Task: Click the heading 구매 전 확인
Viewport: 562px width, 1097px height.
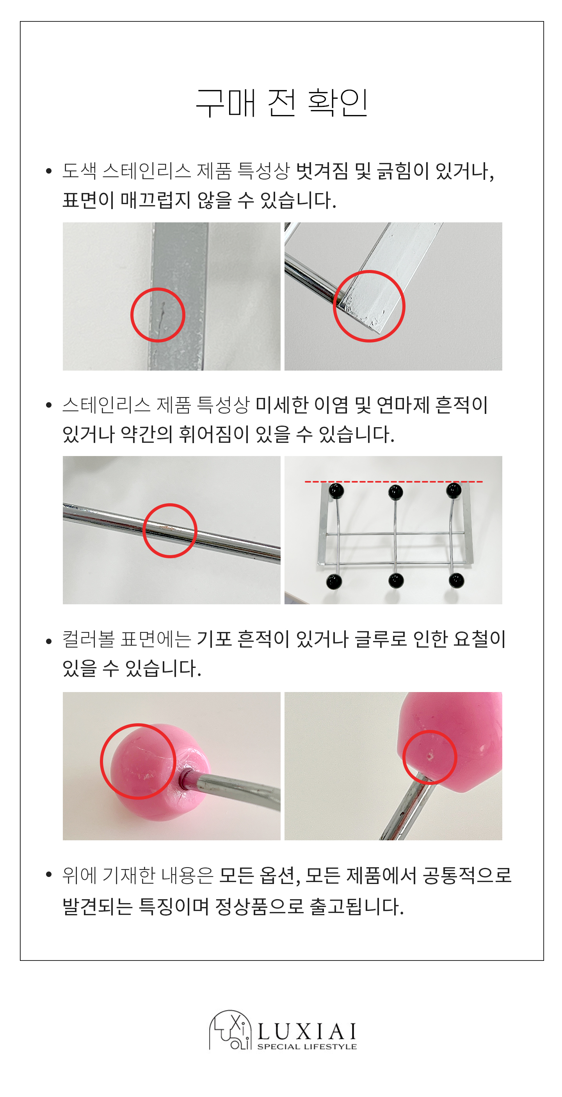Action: click(x=282, y=103)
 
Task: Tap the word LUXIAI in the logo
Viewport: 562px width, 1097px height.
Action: click(x=307, y=1031)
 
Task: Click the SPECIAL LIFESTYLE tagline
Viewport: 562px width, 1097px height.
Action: click(x=307, y=1046)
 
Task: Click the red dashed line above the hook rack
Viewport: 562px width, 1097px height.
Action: click(x=393, y=482)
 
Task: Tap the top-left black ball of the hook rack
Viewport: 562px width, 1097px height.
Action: click(x=336, y=491)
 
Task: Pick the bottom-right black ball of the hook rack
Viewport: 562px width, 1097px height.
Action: click(x=456, y=580)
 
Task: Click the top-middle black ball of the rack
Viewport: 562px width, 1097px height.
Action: click(x=395, y=492)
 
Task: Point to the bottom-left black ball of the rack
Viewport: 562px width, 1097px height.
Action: click(x=334, y=581)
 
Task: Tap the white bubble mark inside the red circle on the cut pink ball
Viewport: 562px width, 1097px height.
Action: click(x=430, y=756)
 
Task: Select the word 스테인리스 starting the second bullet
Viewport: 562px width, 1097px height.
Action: click(x=107, y=405)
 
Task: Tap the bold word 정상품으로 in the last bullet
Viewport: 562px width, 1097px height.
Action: click(x=260, y=906)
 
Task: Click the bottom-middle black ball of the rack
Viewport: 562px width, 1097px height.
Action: click(x=396, y=580)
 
